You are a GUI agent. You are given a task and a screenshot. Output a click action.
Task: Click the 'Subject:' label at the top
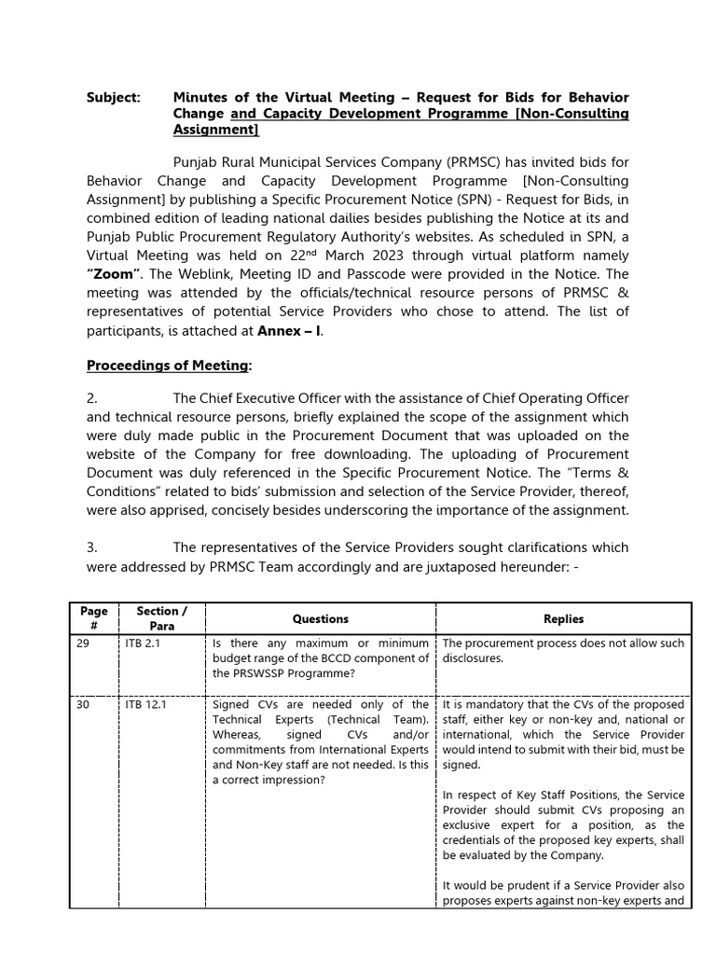[113, 97]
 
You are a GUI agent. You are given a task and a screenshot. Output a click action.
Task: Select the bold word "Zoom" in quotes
[114, 273]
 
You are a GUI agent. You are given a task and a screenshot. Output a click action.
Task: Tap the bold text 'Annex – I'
[289, 330]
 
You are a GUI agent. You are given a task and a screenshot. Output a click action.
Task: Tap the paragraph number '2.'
[92, 399]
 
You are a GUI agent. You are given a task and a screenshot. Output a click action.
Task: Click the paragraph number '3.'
[92, 547]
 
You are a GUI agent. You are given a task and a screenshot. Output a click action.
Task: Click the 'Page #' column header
[93, 618]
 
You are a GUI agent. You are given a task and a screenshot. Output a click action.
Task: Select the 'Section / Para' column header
[162, 618]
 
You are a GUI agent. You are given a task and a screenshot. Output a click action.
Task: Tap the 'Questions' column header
[321, 618]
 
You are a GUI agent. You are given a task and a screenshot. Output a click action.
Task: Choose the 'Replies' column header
[563, 618]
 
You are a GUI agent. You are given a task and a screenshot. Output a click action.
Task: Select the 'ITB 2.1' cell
[143, 644]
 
